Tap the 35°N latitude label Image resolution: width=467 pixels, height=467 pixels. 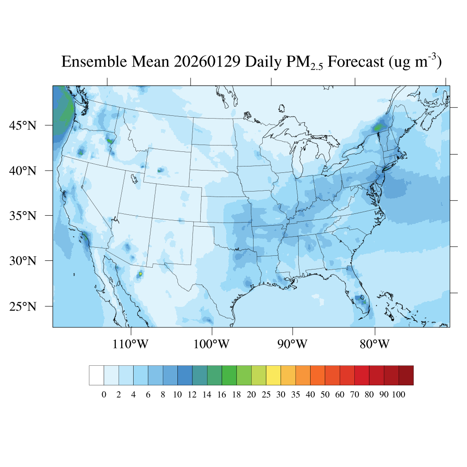[x=23, y=215]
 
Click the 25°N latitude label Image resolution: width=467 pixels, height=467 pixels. [x=23, y=306]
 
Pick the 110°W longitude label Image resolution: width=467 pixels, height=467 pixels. [x=130, y=344]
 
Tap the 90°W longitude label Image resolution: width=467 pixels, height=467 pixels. [x=292, y=344]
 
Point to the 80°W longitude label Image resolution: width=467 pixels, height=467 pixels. [x=374, y=344]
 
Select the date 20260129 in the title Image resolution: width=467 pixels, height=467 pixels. [x=208, y=62]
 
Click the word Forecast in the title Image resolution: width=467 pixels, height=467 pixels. [x=356, y=62]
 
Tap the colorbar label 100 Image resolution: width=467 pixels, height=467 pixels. [x=398, y=395]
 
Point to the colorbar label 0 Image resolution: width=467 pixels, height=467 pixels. [x=104, y=395]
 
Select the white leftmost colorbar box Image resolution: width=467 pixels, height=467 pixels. [x=96, y=375]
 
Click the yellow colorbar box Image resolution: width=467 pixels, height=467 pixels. [x=273, y=375]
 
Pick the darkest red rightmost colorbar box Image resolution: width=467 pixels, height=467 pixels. [x=406, y=375]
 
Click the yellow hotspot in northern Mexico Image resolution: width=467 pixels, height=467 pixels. [x=140, y=274]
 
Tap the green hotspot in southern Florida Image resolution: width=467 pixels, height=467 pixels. [x=363, y=301]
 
